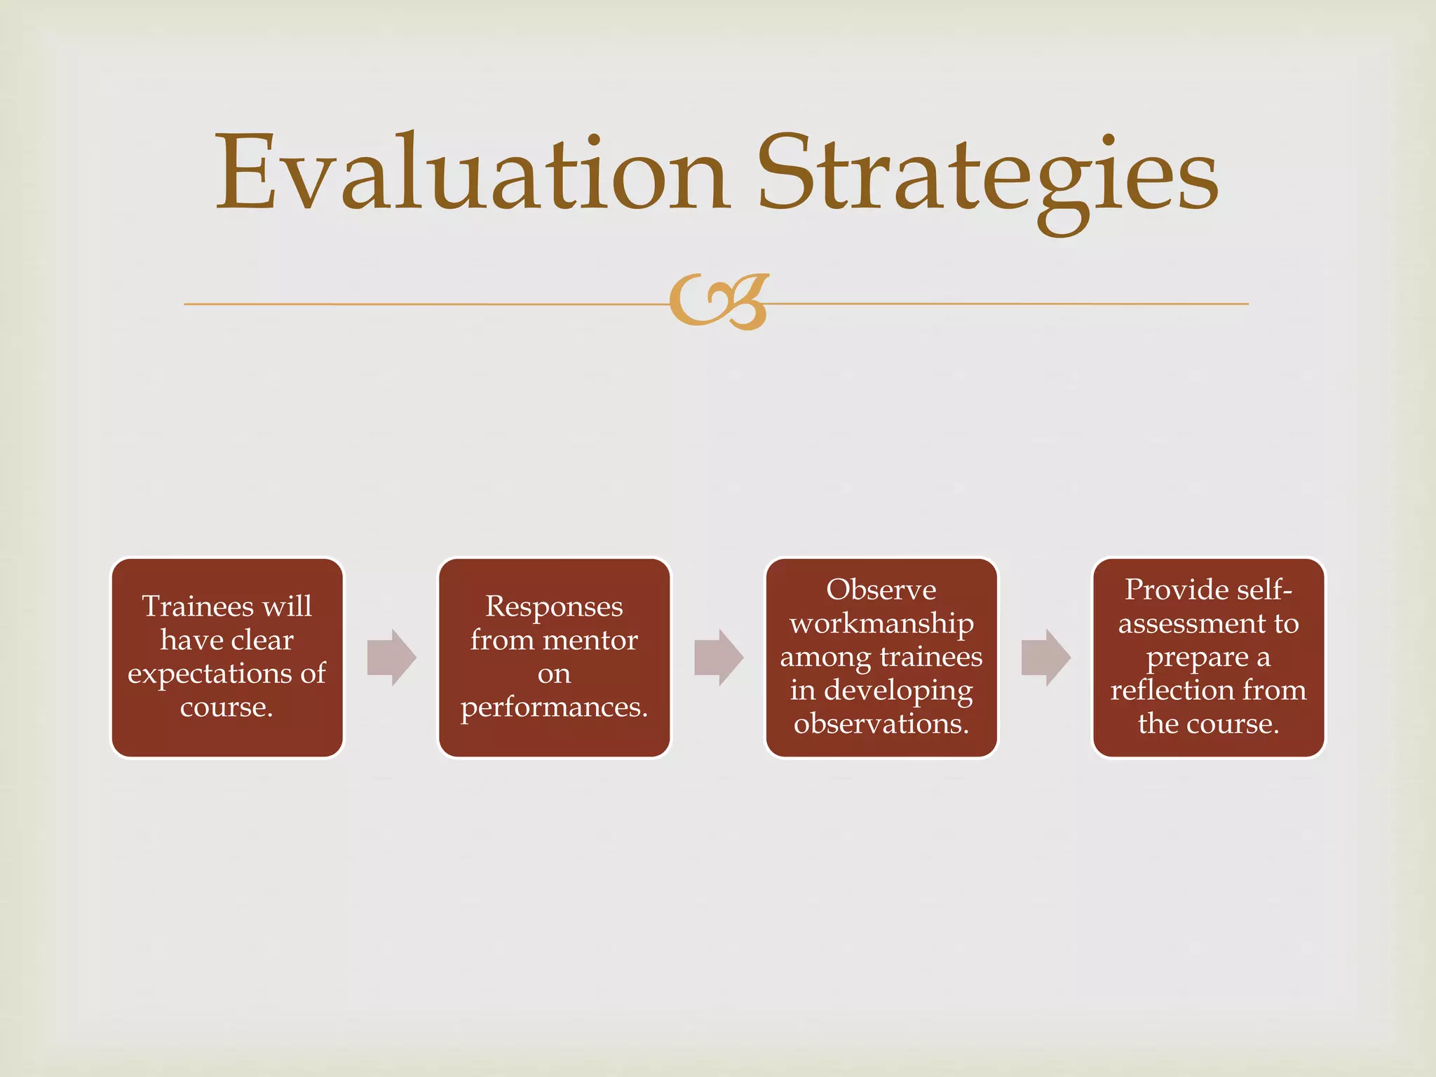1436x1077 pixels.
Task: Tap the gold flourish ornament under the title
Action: [719, 302]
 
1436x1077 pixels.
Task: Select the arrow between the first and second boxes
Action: [391, 658]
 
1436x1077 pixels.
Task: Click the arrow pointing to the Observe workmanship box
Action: [718, 658]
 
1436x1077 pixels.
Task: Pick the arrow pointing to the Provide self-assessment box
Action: [1045, 658]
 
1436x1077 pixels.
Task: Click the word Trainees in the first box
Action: [198, 607]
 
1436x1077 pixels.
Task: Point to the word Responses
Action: [554, 607]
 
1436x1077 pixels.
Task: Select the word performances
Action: [554, 707]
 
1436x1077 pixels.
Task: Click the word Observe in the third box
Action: [881, 590]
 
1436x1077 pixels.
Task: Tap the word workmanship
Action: [881, 623]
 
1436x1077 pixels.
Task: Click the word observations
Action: [881, 724]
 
